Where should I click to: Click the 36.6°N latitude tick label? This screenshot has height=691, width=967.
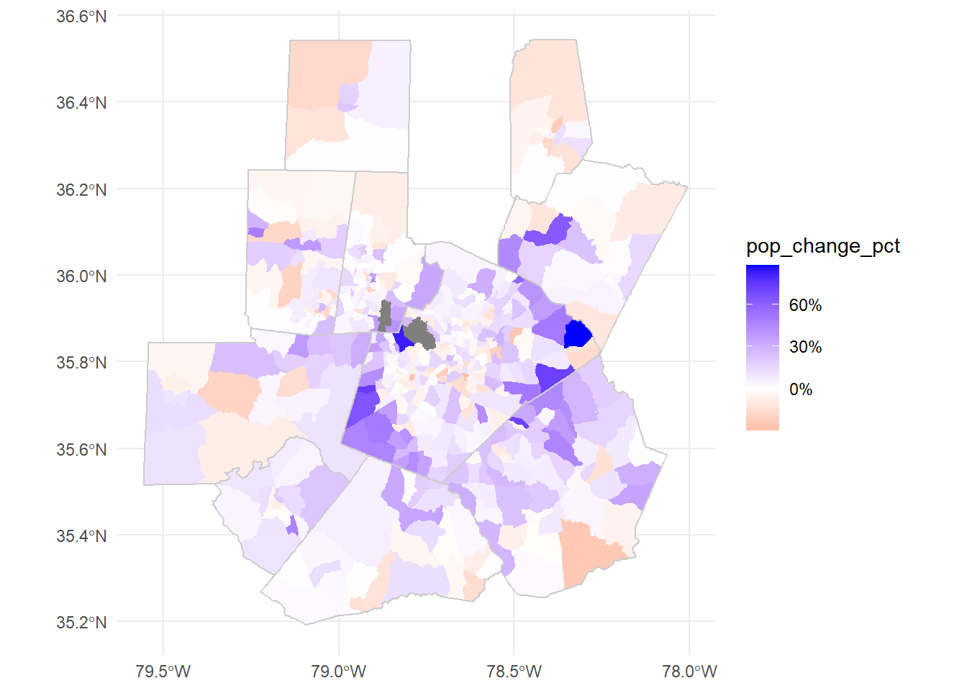(81, 17)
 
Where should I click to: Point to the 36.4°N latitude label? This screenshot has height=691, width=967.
(81, 103)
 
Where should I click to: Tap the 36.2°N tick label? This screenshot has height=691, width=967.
(81, 190)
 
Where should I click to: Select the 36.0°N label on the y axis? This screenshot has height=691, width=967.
(81, 276)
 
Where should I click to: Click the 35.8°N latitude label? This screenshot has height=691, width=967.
(81, 363)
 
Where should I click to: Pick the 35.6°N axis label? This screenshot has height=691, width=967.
(81, 450)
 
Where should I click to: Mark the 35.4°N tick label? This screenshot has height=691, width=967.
(81, 536)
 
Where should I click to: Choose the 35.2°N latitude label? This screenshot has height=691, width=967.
(81, 623)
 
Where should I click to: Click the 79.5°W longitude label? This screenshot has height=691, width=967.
(163, 672)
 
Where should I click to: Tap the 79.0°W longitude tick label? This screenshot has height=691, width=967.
(339, 672)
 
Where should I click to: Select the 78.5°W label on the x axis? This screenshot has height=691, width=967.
(514, 672)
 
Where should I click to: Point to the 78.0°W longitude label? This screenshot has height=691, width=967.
(689, 672)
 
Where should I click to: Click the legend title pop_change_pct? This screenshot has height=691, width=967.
(823, 246)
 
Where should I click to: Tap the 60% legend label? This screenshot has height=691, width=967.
(805, 305)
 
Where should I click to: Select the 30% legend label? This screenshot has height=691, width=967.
(805, 347)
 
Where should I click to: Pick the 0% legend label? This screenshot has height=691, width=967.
(801, 389)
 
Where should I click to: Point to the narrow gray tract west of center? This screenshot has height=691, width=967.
(385, 315)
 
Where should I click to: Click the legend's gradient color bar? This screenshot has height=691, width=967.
(763, 348)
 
